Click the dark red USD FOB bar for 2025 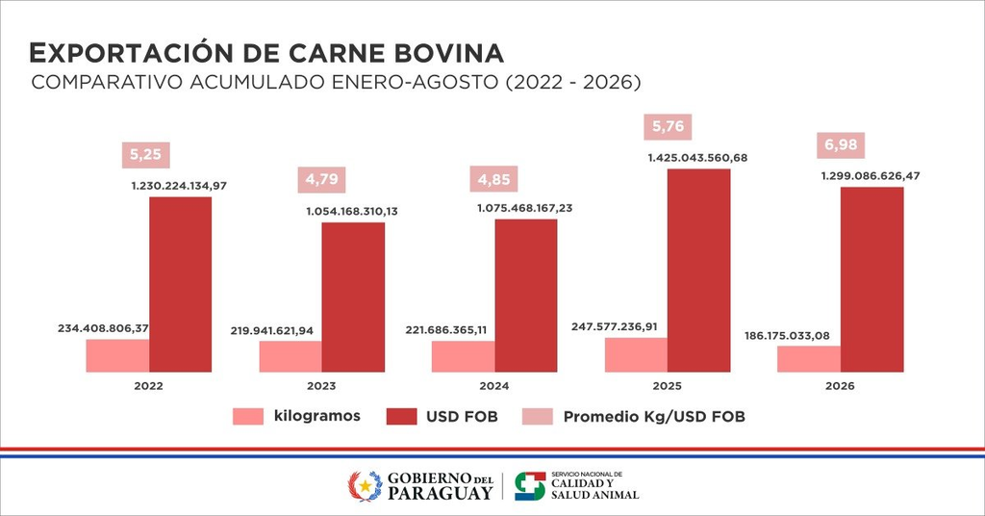(698, 271)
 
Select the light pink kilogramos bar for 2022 (117, 356)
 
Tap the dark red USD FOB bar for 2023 (353, 297)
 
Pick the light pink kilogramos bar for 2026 (808, 359)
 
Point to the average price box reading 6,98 (841, 145)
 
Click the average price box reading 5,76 (668, 127)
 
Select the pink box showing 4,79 (321, 180)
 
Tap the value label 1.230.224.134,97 (179, 186)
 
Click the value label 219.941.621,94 (271, 330)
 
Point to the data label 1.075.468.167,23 (525, 208)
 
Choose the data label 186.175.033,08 (787, 336)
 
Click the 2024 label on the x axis (494, 386)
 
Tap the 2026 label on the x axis (840, 386)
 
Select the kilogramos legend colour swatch (248, 416)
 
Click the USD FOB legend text (462, 416)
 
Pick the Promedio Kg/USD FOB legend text (654, 416)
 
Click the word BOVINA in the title (449, 53)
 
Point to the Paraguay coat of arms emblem (365, 486)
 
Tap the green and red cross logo (530, 486)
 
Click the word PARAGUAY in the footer (440, 493)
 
